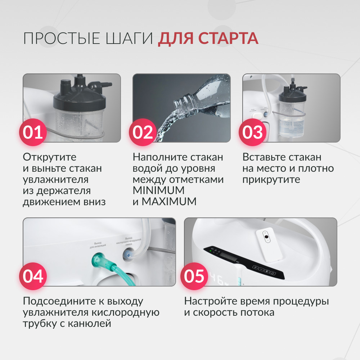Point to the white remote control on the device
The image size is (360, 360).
click(269, 245)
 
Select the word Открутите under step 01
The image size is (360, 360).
click(50, 157)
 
